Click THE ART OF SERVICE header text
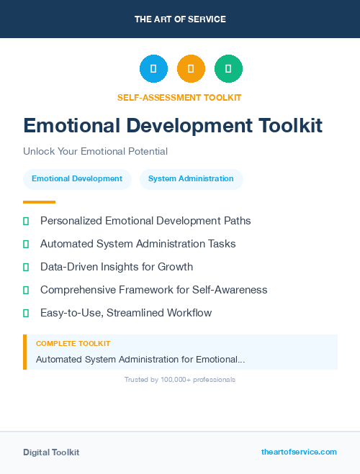point(180,19)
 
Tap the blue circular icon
point(153,69)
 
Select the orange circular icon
point(191,69)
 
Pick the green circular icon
point(228,69)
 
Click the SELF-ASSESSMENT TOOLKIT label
point(180,98)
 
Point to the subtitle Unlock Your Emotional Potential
point(95,152)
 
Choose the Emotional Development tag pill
point(77,179)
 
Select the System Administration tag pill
point(191,179)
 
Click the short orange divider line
point(39,202)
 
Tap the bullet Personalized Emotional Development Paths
point(145,221)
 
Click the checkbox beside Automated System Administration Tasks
point(26,245)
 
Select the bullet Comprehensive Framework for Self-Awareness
point(153,290)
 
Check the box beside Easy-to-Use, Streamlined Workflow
point(26,314)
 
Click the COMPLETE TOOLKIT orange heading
point(73,344)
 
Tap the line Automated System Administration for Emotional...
point(140,359)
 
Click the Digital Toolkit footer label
point(51,452)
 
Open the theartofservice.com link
point(299,452)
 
